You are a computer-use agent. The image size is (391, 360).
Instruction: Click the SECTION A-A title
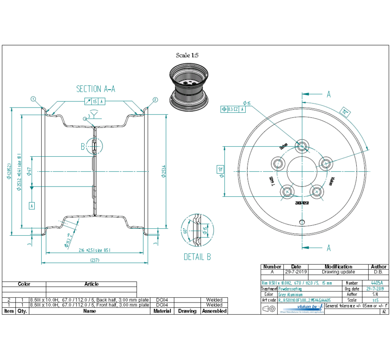pos(96,89)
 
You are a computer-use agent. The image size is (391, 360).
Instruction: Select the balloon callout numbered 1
pos(33,99)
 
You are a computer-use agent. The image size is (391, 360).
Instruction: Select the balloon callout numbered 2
pos(155,100)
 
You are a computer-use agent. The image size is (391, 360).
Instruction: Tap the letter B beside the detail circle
pos(83,147)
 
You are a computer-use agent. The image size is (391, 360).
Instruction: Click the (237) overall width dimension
pos(95,260)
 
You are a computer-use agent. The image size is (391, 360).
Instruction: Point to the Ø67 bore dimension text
pos(29,171)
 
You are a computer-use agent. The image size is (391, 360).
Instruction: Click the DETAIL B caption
pos(197,257)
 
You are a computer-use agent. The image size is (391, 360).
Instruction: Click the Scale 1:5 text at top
pos(188,55)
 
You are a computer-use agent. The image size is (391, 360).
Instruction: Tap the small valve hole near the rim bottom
pos(302,221)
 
